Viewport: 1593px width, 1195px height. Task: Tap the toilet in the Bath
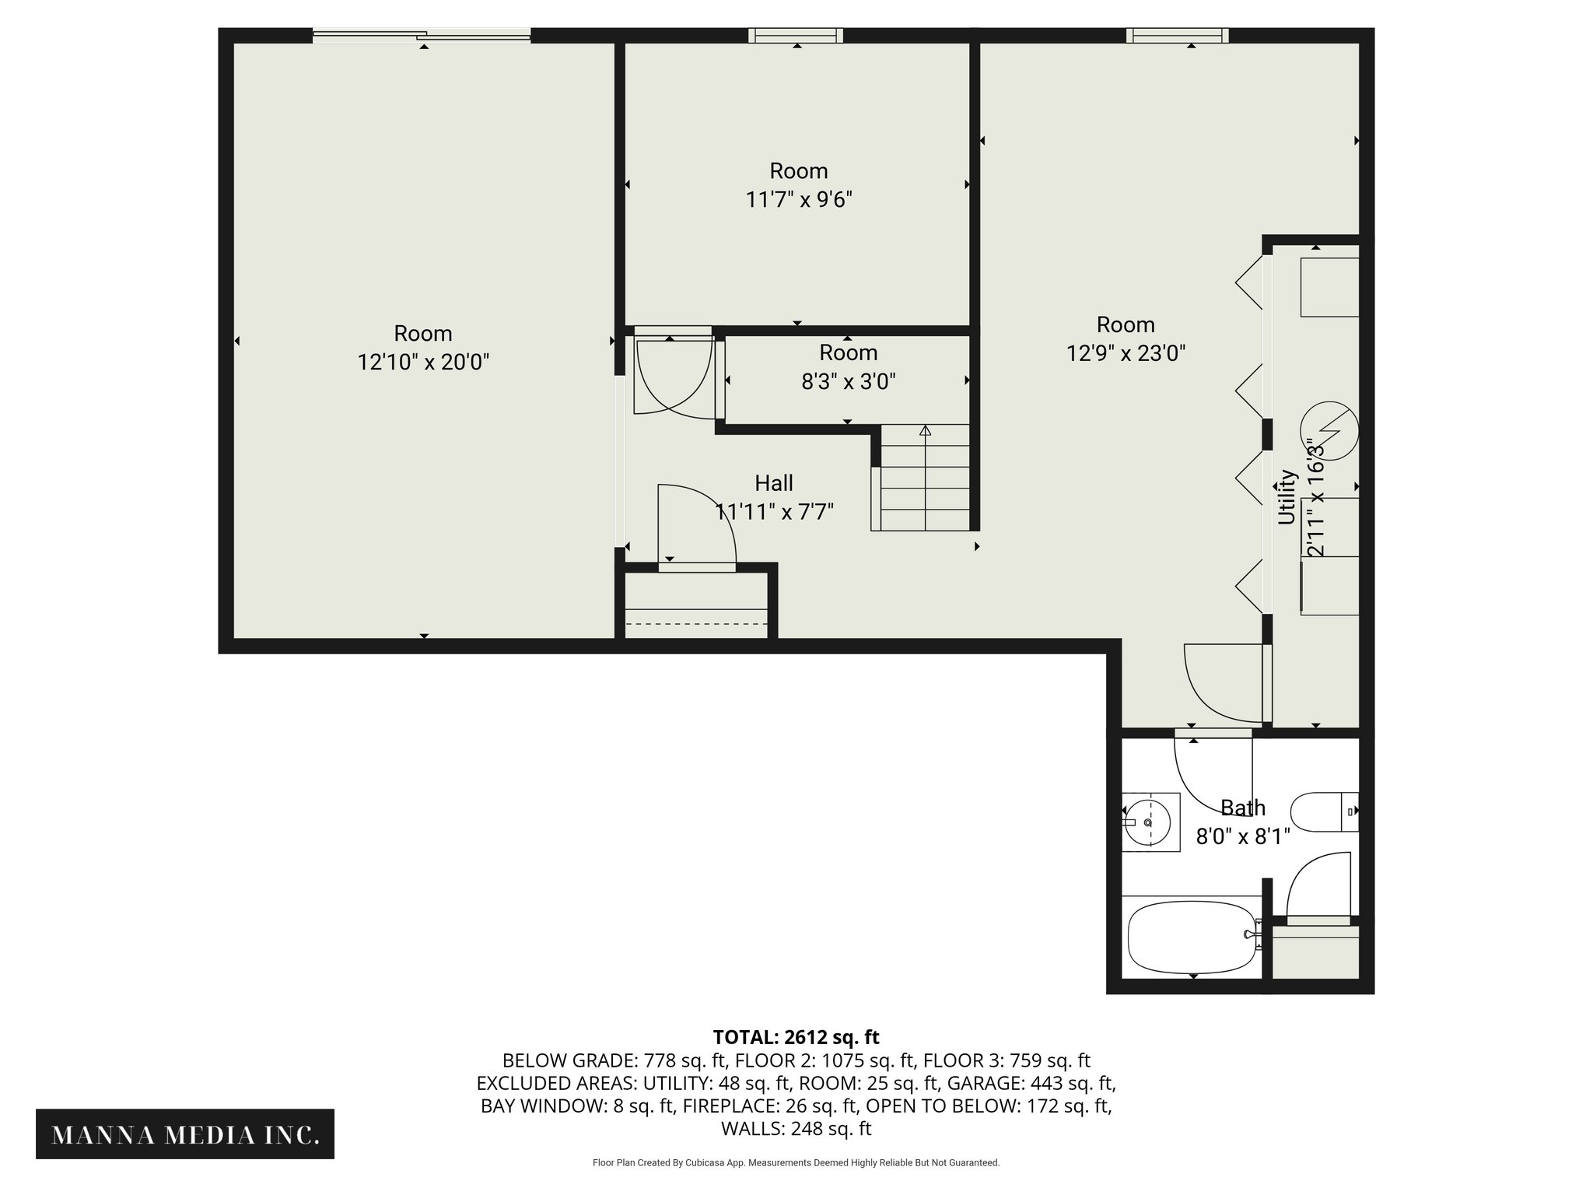(x=1322, y=811)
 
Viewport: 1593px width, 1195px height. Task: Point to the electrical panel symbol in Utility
(x=1329, y=429)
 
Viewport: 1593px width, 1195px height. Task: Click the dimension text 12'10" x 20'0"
(x=423, y=363)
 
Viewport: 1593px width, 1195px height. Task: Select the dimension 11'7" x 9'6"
(x=799, y=200)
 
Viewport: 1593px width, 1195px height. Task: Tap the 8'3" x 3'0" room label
(x=848, y=382)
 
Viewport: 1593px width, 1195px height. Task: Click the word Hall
(x=774, y=483)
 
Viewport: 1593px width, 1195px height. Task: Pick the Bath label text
(x=1242, y=808)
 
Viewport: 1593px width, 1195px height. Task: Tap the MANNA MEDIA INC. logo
(x=185, y=1134)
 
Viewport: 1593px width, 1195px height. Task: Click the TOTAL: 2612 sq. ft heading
(x=796, y=1037)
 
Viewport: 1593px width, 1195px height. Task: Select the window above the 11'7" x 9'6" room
(x=796, y=35)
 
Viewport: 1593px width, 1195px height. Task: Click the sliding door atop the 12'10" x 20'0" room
(x=422, y=35)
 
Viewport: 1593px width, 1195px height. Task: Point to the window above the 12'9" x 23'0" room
(x=1177, y=35)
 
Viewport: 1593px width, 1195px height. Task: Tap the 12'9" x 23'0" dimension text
(x=1126, y=354)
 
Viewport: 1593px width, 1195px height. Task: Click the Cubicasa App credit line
(x=796, y=1162)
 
